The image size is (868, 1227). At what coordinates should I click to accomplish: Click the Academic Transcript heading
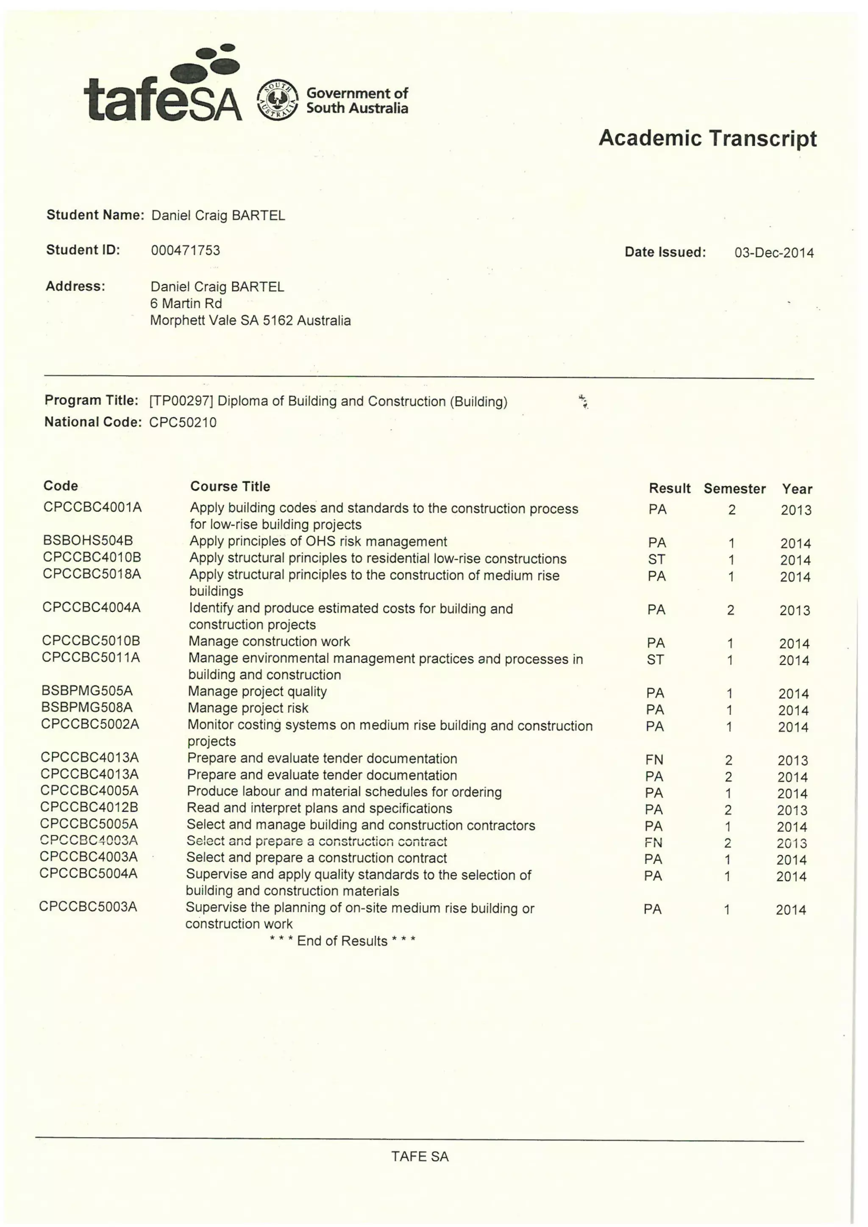point(707,139)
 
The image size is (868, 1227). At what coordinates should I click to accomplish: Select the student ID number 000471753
point(186,250)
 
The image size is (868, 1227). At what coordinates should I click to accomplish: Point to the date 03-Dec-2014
point(773,253)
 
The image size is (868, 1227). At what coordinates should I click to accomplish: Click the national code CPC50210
point(183,422)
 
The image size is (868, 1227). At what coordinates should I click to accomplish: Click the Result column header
point(669,488)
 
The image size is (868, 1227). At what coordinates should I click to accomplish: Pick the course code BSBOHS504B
point(88,540)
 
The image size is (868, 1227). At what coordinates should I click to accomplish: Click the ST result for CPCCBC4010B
point(657,559)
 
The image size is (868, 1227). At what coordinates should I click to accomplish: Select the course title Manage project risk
point(248,708)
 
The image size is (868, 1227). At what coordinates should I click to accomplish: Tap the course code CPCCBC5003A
point(88,906)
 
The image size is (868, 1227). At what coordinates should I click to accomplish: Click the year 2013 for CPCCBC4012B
point(792,810)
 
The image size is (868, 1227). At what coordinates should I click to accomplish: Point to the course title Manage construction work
point(269,641)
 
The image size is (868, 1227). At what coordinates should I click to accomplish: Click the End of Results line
point(342,940)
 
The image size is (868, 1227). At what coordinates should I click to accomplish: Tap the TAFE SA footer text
point(420,1157)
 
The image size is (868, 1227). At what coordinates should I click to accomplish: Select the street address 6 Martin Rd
point(186,303)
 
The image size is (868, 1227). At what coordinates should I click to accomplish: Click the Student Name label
point(95,215)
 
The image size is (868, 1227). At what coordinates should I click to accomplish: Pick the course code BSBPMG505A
point(86,691)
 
